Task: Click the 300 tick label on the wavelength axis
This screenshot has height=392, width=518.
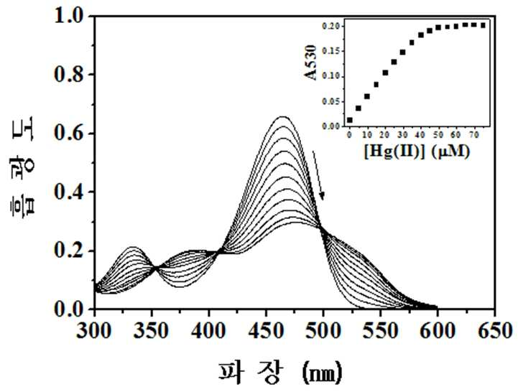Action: (94, 330)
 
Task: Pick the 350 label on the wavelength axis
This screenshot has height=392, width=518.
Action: (152, 330)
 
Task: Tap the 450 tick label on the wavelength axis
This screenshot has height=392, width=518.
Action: (266, 330)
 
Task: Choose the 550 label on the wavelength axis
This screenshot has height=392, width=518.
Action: (380, 330)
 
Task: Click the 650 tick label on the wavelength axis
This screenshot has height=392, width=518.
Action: (495, 330)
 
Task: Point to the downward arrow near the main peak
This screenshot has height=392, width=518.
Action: (318, 175)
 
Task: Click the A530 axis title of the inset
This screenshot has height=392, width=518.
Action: (310, 62)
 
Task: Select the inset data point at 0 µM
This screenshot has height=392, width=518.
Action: (349, 120)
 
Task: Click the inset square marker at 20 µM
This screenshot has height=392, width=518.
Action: (385, 73)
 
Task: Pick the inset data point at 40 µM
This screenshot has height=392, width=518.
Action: (421, 34)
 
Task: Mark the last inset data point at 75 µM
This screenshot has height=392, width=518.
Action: (483, 25)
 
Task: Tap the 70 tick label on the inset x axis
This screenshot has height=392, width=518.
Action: (474, 135)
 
